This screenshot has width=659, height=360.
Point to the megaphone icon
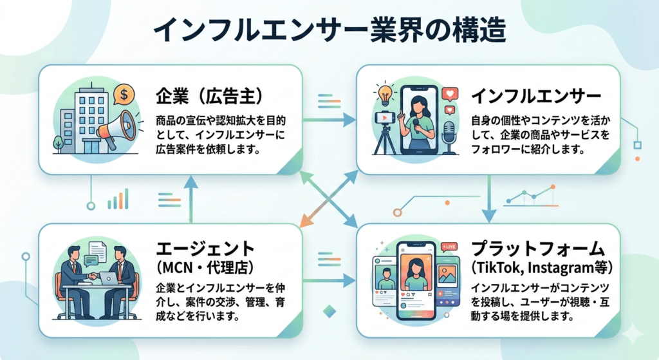(x=116, y=126)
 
